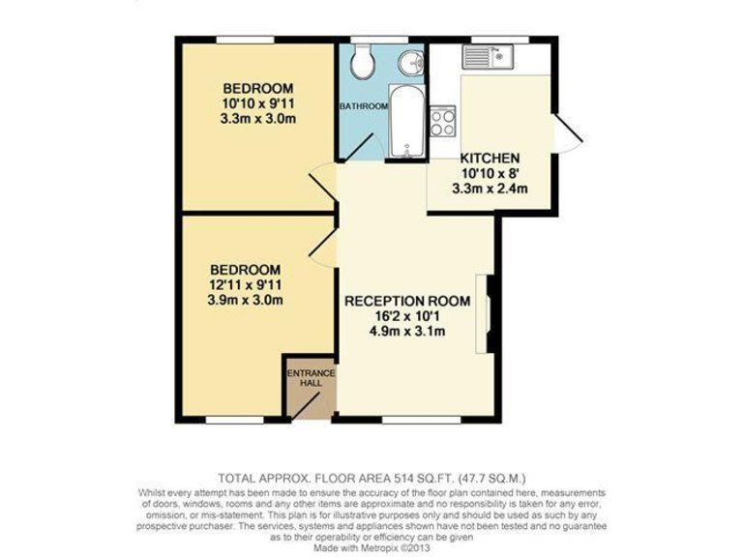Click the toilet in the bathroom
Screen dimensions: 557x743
364,64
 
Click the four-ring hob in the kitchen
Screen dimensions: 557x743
443,120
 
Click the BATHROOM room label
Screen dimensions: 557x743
363,105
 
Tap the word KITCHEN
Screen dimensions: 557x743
490,159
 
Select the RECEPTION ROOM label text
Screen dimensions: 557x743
407,301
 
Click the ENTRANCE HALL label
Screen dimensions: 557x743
310,378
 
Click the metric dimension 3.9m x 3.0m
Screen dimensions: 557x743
245,300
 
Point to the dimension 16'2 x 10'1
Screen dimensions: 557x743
407,317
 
